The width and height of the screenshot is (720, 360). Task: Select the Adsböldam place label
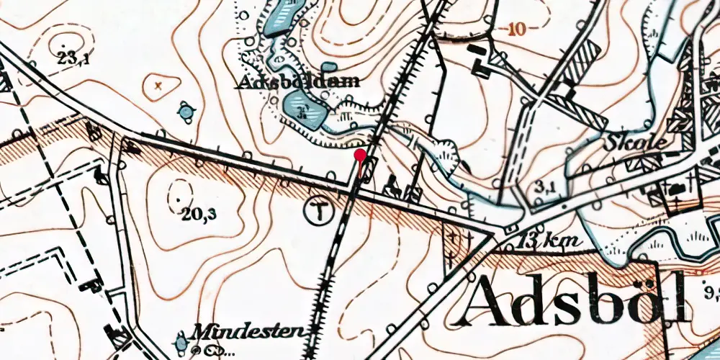click(298, 82)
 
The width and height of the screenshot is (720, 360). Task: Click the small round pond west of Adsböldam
click(187, 112)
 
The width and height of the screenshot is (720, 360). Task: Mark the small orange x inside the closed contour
click(158, 86)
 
